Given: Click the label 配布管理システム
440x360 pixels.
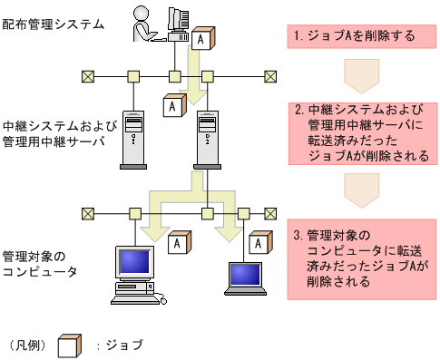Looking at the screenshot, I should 53,24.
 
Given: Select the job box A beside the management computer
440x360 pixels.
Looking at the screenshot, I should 202,40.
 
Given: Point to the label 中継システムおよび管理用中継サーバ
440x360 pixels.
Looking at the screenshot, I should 54,133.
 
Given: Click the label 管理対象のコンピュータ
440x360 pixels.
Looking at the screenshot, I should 40,263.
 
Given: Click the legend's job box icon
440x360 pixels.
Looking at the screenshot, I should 70,345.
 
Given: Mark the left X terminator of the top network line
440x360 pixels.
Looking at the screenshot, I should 88,75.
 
